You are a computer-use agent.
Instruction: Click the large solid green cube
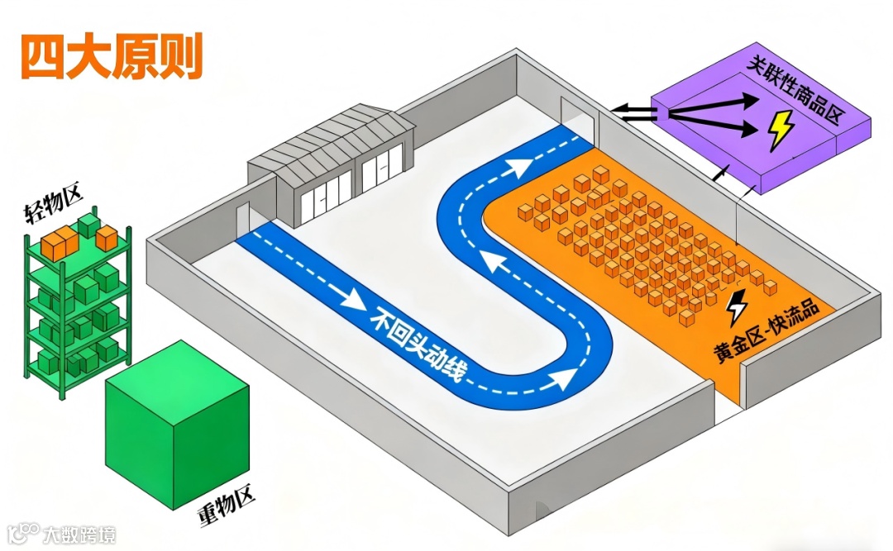[177, 421]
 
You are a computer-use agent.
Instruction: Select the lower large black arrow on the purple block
[711, 125]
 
